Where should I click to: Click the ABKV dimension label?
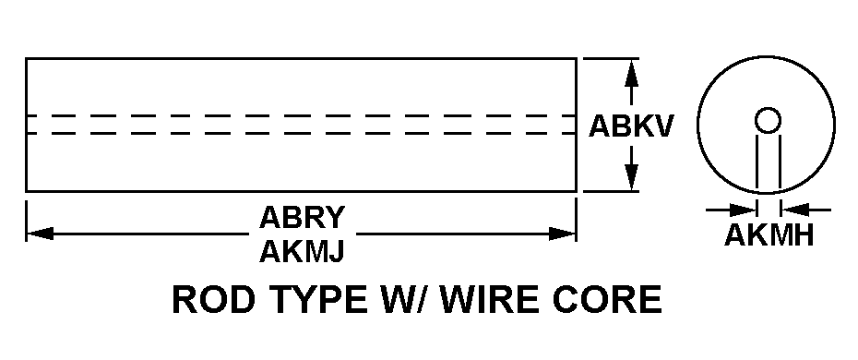[630, 126]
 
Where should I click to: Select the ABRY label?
[302, 217]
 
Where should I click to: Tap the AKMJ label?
[302, 251]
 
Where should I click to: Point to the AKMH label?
[769, 235]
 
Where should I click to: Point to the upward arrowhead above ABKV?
[631, 74]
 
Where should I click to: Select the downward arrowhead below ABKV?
[631, 175]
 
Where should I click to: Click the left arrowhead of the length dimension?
[40, 234]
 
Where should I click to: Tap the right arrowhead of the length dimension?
[562, 234]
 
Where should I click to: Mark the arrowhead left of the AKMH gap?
[743, 210]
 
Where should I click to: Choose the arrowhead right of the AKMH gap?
[794, 210]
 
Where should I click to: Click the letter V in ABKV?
[661, 126]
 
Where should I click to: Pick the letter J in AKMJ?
[337, 251]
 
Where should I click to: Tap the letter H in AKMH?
[804, 235]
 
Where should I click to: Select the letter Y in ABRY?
[334, 217]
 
